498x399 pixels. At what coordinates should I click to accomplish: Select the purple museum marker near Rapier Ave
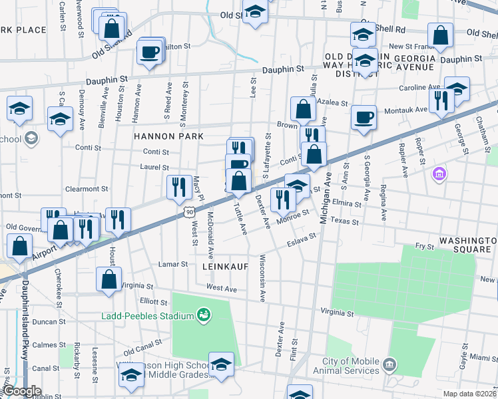pyautogui.click(x=439, y=175)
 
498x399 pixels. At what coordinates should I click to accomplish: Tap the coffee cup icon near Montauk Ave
pyautogui.click(x=364, y=118)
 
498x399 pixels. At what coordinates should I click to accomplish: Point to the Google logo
pyautogui.click(x=22, y=391)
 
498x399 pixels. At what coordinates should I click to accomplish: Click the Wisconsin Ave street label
pyautogui.click(x=262, y=278)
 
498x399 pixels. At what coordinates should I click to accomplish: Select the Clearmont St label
pyautogui.click(x=83, y=189)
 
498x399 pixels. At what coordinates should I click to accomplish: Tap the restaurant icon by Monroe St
pyautogui.click(x=283, y=199)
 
